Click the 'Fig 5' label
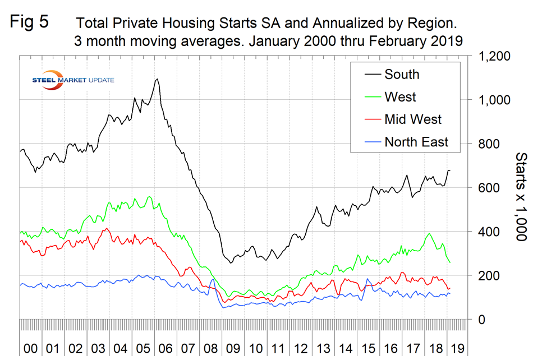pyautogui.click(x=30, y=22)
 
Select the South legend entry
pyautogui.click(x=401, y=74)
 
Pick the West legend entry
pyautogui.click(x=399, y=96)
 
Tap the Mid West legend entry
pyautogui.click(x=412, y=119)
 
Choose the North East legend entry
pyautogui.click(x=416, y=142)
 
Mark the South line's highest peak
pyautogui.click(x=157, y=79)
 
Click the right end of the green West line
pyautogui.click(x=450, y=262)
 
